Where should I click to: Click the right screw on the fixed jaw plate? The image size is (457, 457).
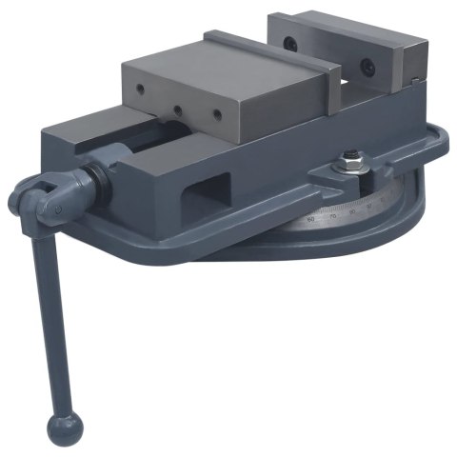363,68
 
